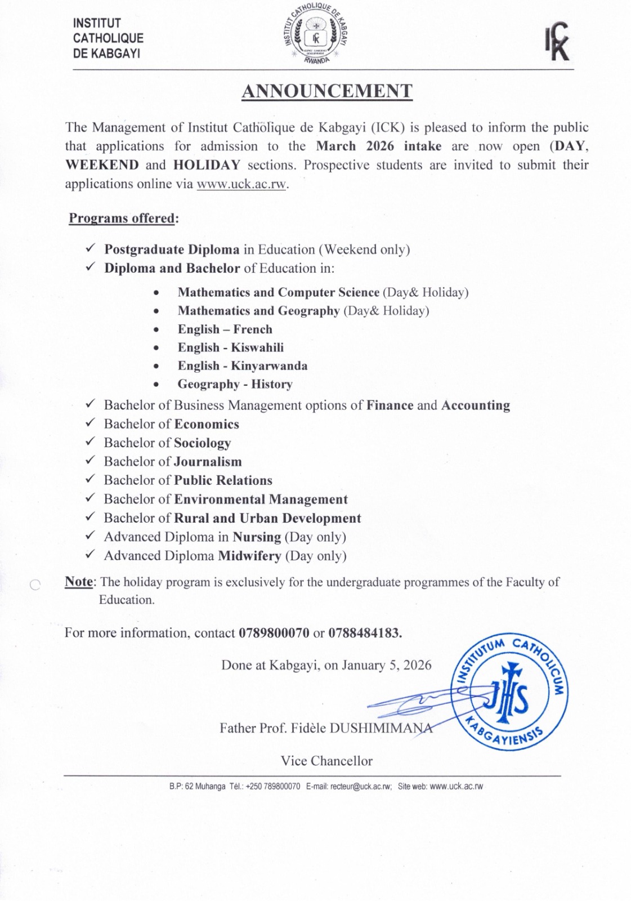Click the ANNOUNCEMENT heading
(x=326, y=91)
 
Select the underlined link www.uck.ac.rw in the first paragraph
(x=241, y=184)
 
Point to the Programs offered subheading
(x=122, y=218)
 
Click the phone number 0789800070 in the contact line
(x=274, y=632)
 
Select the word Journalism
(x=208, y=462)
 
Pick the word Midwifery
(x=249, y=556)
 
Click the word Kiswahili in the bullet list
(x=257, y=347)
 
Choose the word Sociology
(x=203, y=443)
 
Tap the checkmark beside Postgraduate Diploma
(x=90, y=249)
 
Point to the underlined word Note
(x=79, y=581)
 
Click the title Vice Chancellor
(x=326, y=761)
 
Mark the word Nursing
(x=257, y=537)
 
